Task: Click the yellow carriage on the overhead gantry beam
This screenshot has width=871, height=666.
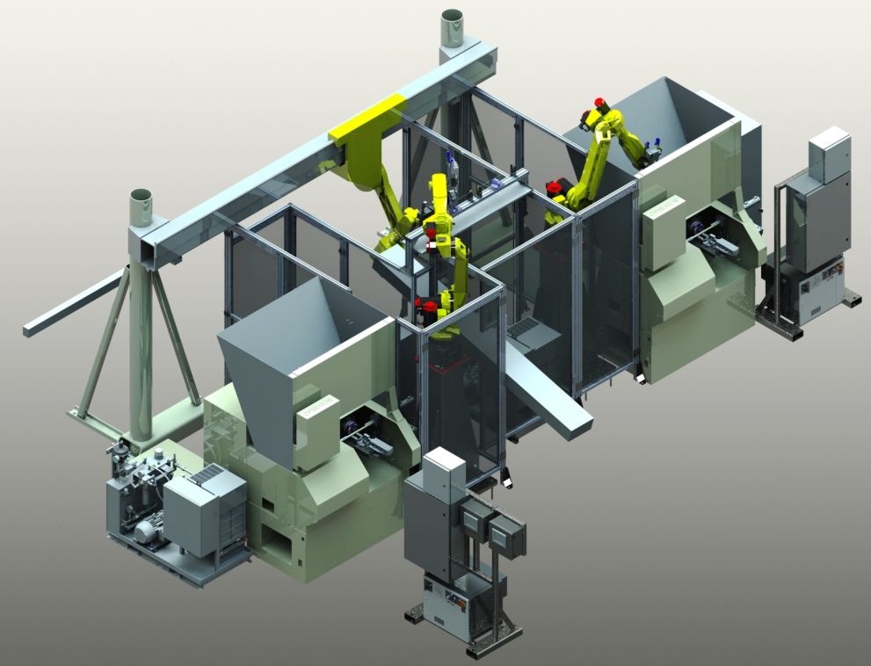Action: click(367, 120)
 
